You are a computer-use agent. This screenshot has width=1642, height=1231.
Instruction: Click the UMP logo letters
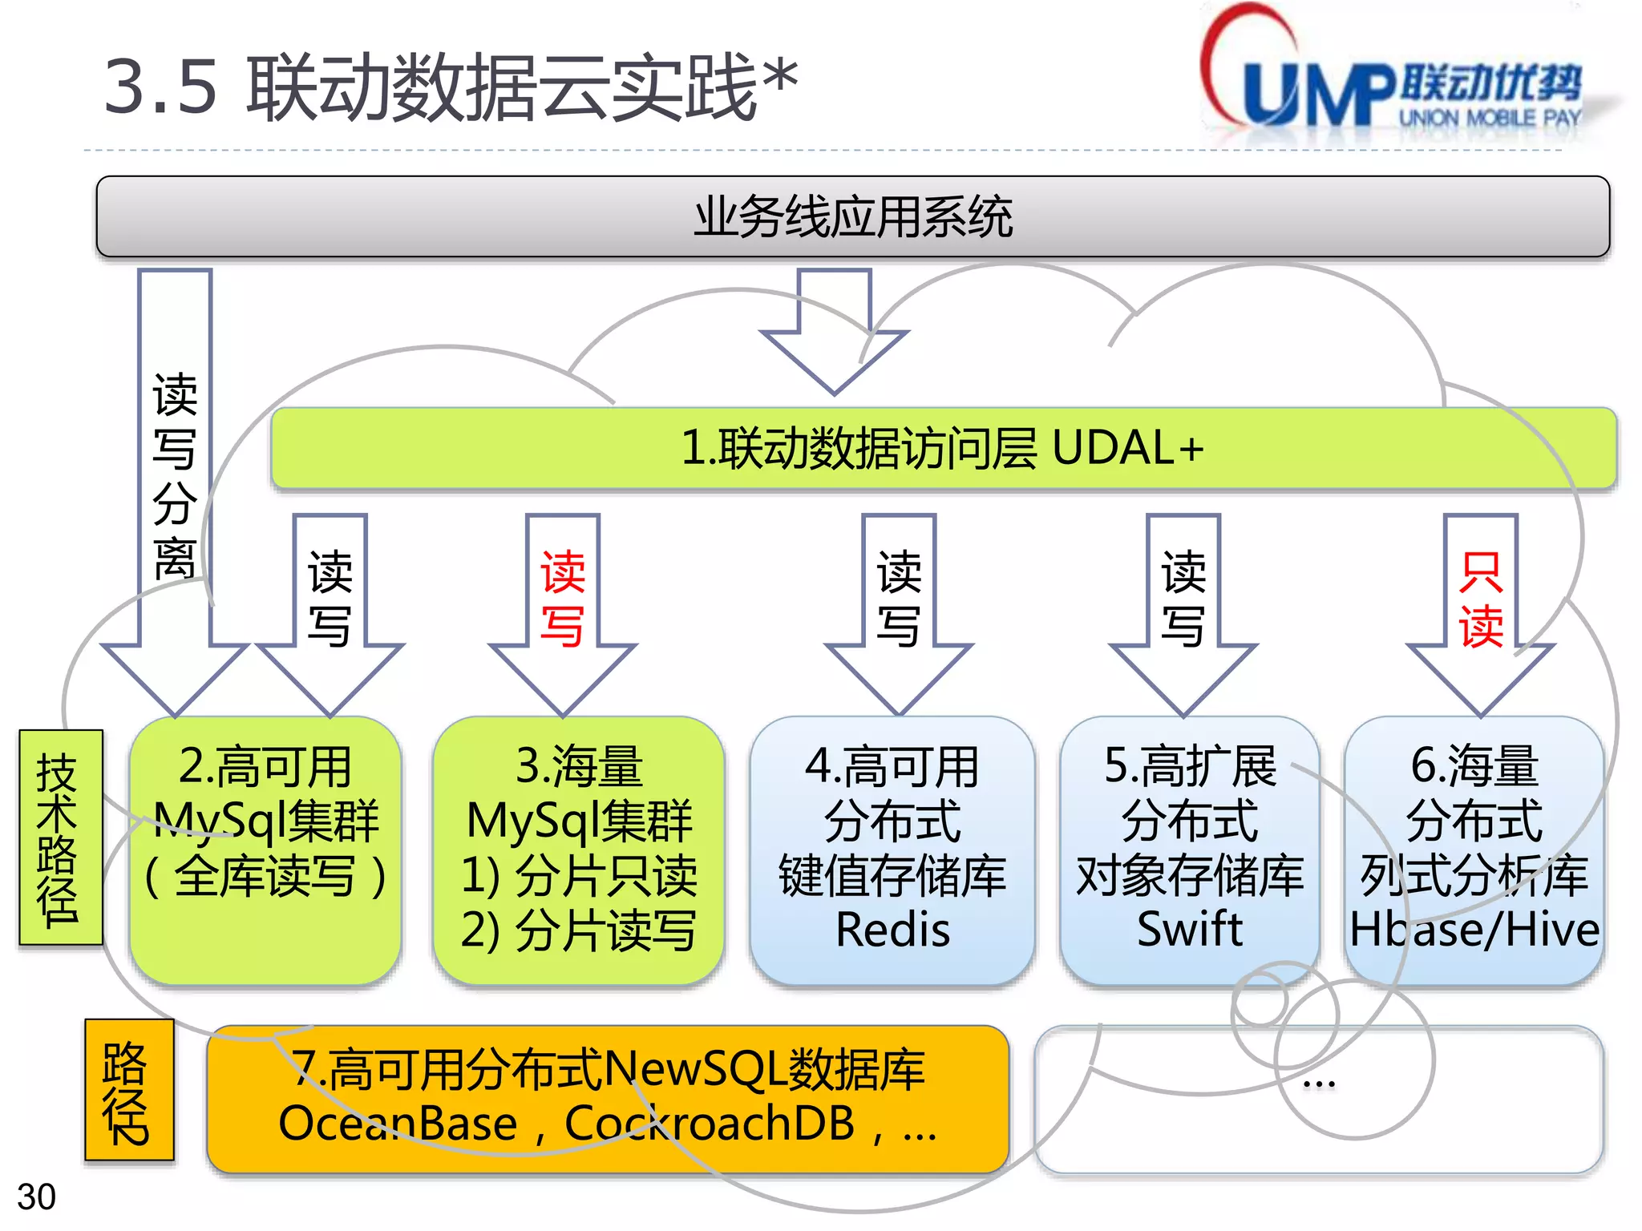point(1319,95)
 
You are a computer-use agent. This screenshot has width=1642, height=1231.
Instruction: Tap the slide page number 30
point(36,1197)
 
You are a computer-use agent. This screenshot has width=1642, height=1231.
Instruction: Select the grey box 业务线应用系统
point(852,217)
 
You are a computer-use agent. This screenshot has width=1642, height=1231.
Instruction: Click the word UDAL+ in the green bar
point(1126,448)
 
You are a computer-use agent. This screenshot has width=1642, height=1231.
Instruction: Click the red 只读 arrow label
point(1480,599)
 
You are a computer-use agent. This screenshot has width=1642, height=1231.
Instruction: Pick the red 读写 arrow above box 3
point(562,599)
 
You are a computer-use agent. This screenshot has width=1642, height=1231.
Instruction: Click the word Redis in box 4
point(892,930)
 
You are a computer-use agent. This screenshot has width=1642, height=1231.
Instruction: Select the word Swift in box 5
point(1190,930)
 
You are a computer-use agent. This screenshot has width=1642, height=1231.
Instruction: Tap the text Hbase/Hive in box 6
point(1474,930)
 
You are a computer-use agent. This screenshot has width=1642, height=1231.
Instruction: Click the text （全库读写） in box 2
point(265,876)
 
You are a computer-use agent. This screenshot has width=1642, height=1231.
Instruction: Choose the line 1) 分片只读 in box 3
point(579,876)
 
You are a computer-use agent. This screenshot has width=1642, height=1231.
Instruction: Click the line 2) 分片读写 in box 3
point(579,930)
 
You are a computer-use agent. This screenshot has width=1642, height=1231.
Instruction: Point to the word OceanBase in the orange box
point(398,1124)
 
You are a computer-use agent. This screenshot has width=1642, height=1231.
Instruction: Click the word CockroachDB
point(710,1124)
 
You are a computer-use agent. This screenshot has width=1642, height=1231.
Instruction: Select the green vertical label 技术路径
point(60,837)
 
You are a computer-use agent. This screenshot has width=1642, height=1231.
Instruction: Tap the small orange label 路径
point(128,1091)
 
